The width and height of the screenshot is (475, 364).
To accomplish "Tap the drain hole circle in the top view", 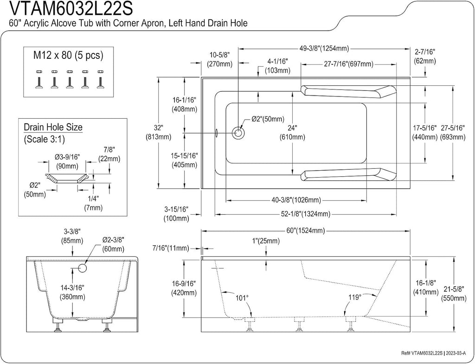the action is pos(238,133).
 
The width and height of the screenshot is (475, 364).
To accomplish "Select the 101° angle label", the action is pos(242,298).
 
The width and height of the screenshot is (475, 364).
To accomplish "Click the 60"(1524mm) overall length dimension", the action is pos(305,231).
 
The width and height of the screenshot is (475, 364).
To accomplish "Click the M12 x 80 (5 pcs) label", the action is pos(68,55).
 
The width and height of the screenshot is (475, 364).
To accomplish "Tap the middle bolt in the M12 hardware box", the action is pos(70,79).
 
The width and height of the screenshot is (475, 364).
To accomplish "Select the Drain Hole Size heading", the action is pos(53,127).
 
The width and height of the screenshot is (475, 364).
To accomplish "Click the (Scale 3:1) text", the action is pos(44,139).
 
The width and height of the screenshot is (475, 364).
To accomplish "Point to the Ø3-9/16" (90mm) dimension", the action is pos(67,161).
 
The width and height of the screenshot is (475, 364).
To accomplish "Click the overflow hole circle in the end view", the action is pos(83,268).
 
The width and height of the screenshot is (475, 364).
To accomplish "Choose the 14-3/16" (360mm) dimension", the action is pos(73,292).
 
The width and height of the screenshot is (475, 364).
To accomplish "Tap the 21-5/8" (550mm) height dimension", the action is pos(454,294).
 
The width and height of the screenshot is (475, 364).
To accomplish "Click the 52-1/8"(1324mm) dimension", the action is pos(306,214).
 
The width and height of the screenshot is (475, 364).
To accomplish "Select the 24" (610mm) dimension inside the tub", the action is pos(293,132).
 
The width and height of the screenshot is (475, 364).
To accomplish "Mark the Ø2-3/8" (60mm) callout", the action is pos(113,244).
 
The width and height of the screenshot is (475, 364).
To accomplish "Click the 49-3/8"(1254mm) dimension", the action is pos(324,48).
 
